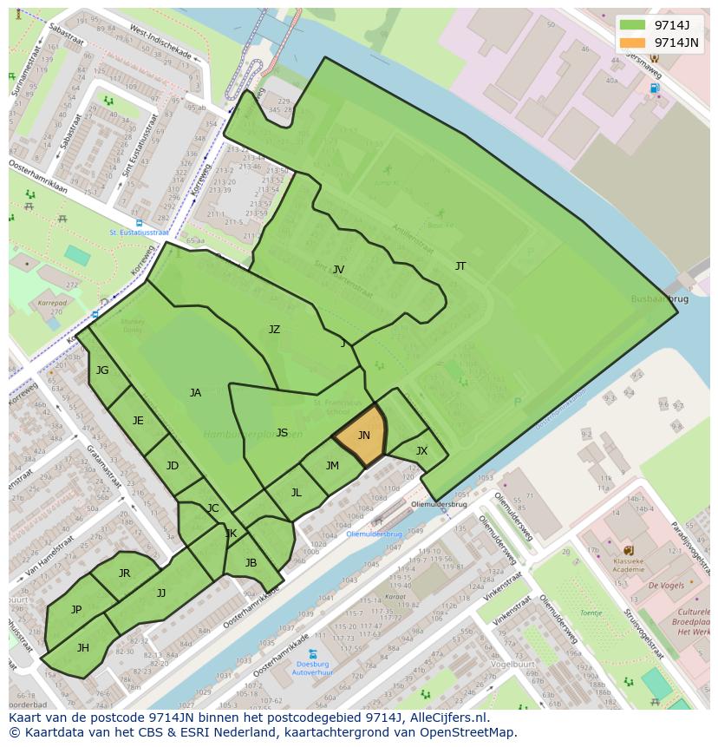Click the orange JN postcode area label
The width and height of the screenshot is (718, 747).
(364, 436)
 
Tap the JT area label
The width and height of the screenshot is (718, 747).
(460, 266)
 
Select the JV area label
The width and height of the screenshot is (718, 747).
(338, 270)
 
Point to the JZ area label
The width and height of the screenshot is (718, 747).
(274, 330)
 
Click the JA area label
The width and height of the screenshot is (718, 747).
(195, 393)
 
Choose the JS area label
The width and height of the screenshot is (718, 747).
(282, 433)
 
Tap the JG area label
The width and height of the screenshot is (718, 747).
(102, 370)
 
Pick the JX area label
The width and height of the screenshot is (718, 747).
(421, 451)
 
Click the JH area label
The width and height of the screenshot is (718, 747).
(83, 648)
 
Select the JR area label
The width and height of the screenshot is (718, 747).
(124, 573)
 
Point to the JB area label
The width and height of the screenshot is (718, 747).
(251, 563)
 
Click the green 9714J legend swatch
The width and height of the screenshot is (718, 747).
(633, 24)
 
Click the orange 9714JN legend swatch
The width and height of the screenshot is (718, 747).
(633, 42)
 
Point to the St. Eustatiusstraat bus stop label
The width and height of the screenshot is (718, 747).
(139, 233)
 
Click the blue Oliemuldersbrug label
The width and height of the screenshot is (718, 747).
(374, 534)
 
